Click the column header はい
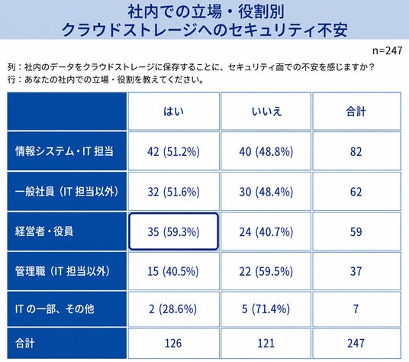click(173, 112)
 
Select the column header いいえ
click(266, 112)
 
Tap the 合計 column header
click(356, 112)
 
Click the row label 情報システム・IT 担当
click(64, 151)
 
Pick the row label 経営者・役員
click(43, 231)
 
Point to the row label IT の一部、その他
click(54, 309)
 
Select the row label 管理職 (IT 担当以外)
click(63, 271)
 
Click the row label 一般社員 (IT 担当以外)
click(67, 192)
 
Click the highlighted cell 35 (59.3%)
click(173, 231)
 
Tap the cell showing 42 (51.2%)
click(173, 151)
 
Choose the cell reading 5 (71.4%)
click(266, 309)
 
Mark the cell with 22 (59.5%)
click(266, 271)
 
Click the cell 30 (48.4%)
click(266, 192)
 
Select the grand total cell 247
click(356, 343)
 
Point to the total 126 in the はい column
click(173, 343)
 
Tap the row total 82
click(356, 151)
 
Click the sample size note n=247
click(387, 50)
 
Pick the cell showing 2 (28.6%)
click(173, 309)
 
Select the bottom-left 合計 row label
click(24, 343)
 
